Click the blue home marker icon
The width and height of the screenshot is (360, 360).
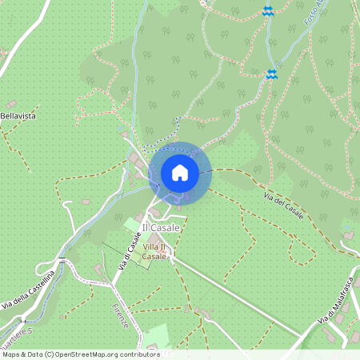pyautogui.click(x=179, y=172)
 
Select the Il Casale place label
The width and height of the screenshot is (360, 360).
pyautogui.click(x=161, y=228)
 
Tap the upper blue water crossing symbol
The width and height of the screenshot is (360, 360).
pyautogui.click(x=268, y=12)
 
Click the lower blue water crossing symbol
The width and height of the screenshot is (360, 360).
pyautogui.click(x=272, y=74)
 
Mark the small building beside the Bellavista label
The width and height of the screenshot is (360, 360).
pyautogui.click(x=11, y=104)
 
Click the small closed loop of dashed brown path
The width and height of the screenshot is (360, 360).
pyautogui.click(x=302, y=254)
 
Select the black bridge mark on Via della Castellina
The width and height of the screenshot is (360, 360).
pyautogui.click(x=62, y=260)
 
